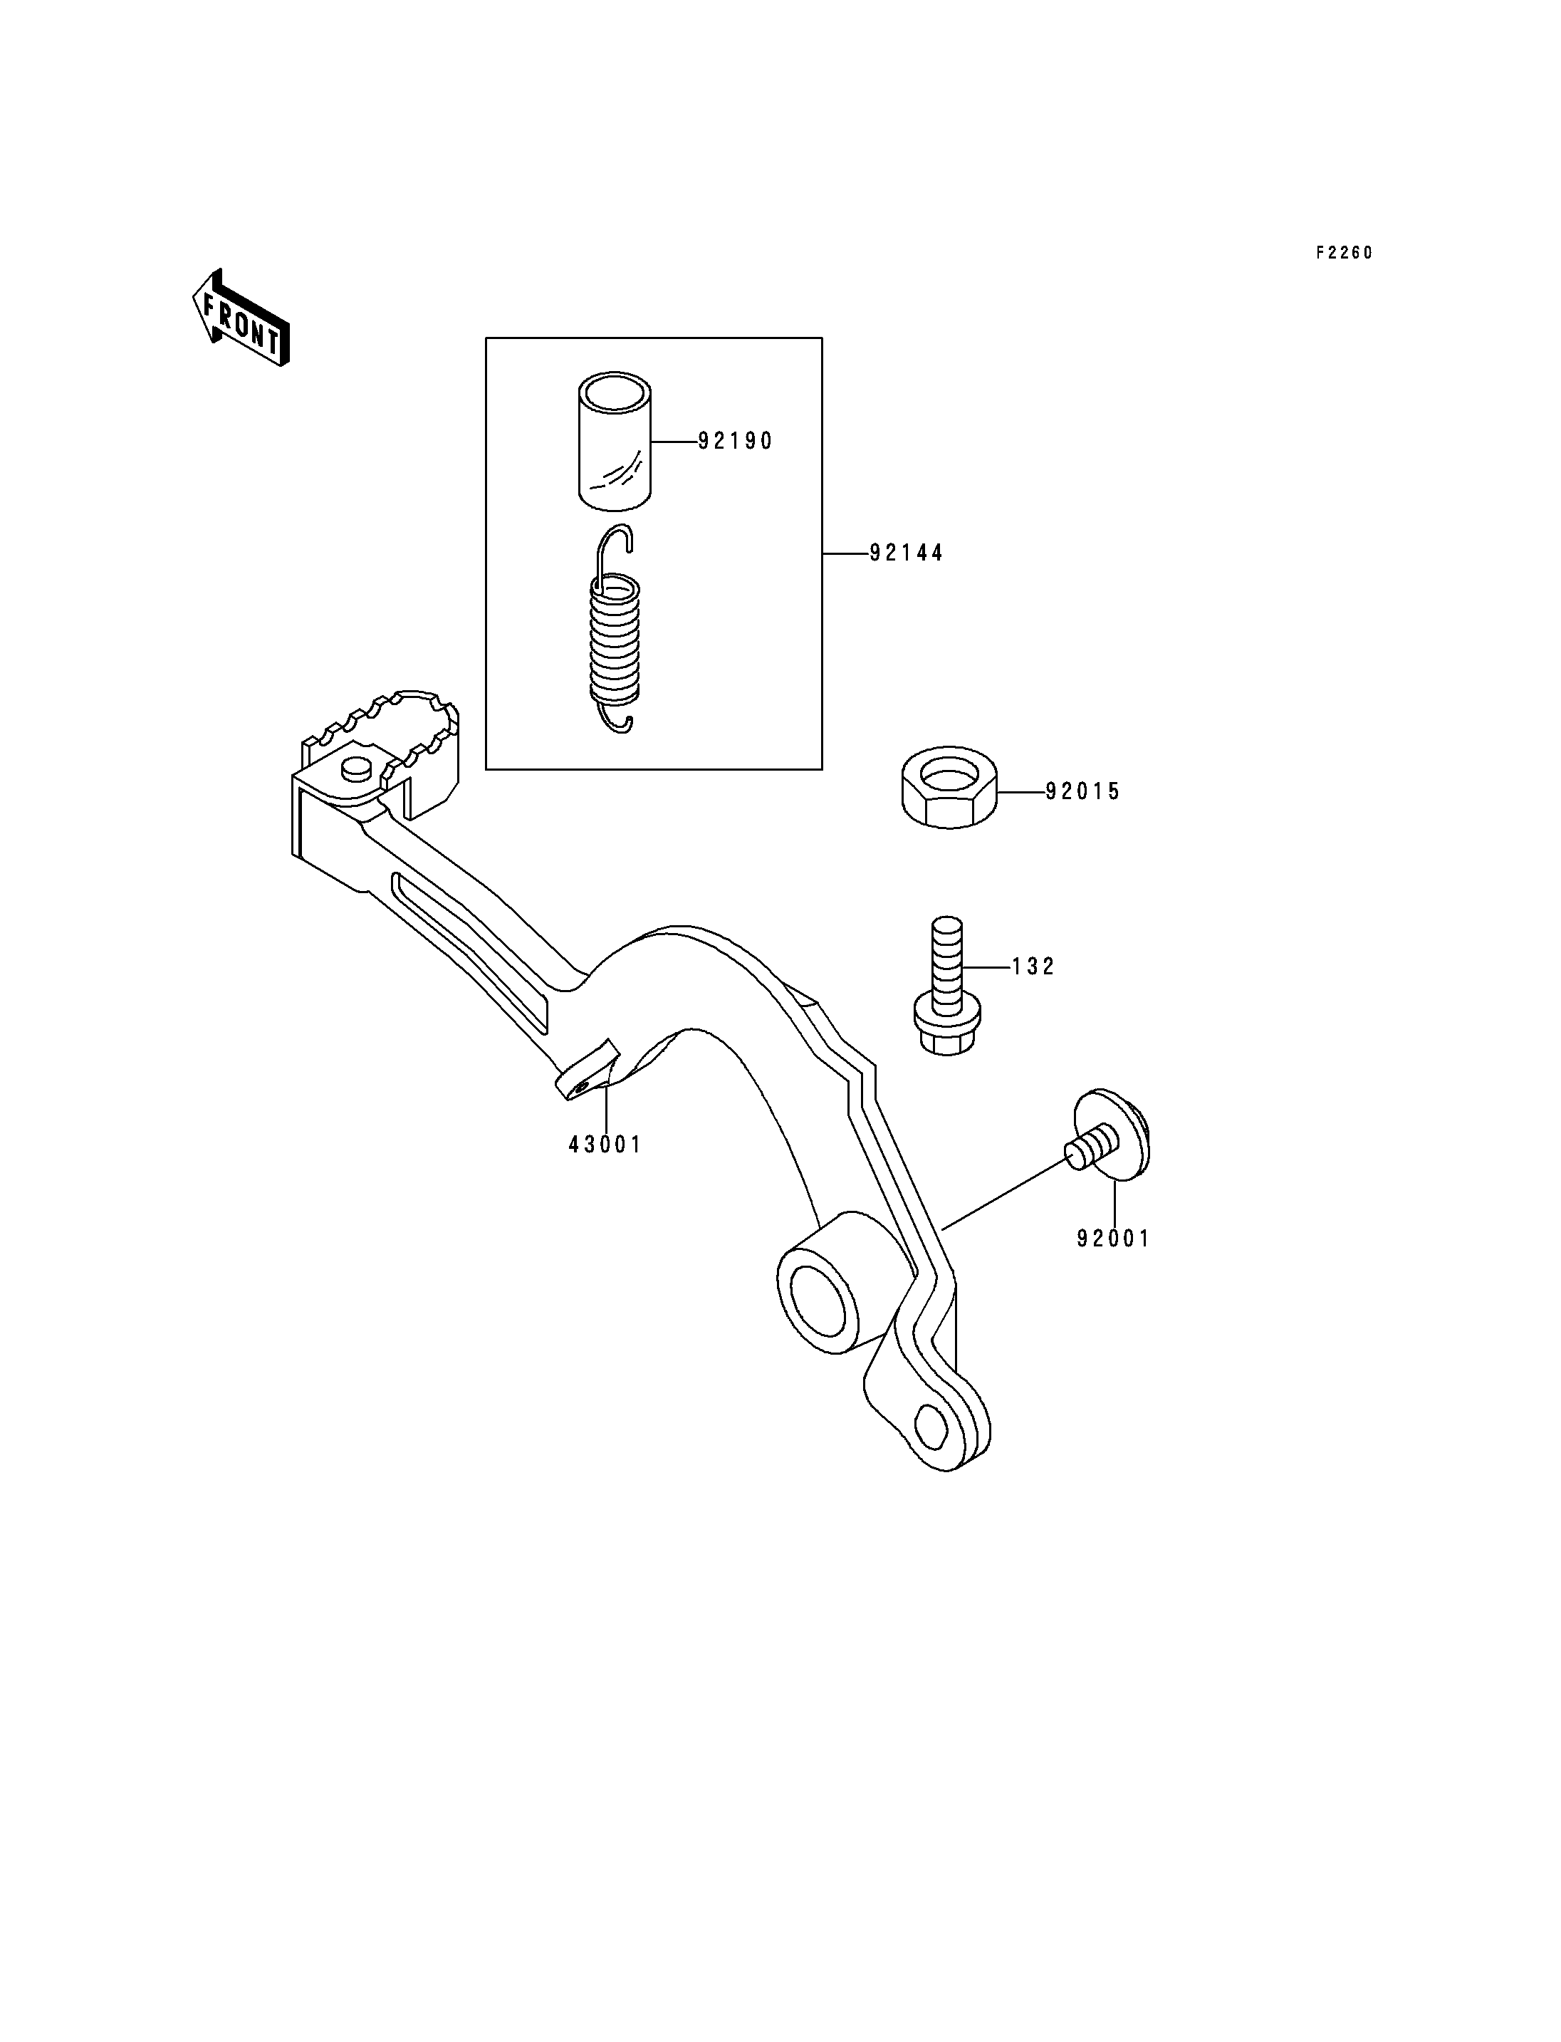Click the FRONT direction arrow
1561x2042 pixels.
241,318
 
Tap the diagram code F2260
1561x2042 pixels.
1344,253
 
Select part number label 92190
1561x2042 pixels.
735,442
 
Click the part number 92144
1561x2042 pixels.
906,553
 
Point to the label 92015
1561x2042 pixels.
1082,792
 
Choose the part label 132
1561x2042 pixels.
1033,967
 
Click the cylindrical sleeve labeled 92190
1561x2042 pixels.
613,442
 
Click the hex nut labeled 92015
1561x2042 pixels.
949,786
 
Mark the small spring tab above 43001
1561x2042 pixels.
588,1070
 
